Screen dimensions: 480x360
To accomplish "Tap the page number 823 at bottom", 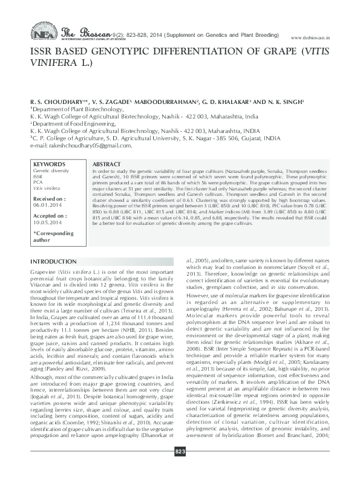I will [180, 468].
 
